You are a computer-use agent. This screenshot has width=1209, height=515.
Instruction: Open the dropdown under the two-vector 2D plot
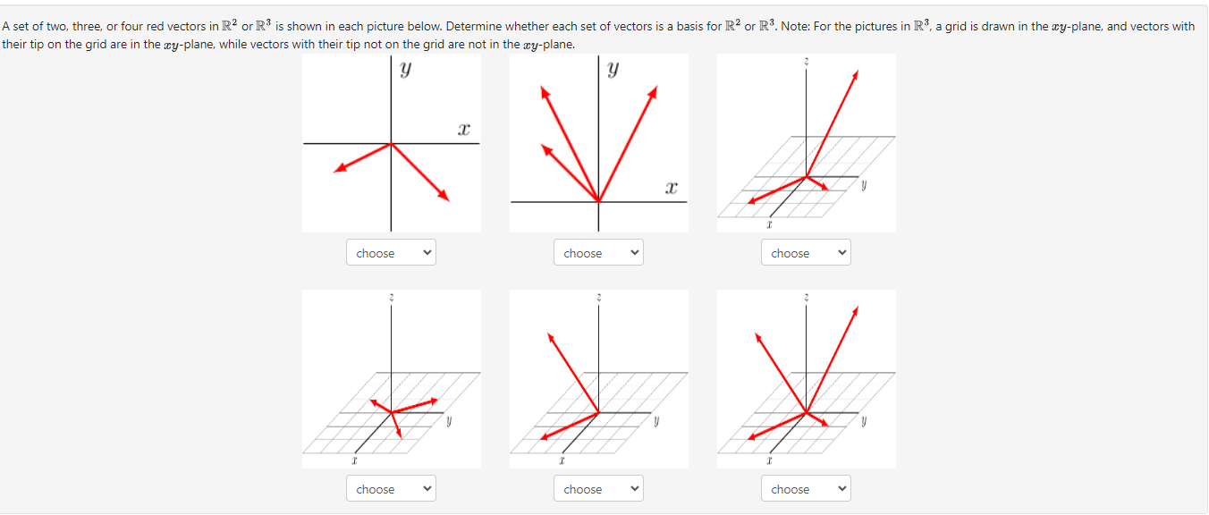click(390, 253)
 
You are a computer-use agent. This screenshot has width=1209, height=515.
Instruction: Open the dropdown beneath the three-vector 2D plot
click(597, 253)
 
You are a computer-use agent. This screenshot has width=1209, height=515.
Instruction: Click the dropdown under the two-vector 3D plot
click(597, 489)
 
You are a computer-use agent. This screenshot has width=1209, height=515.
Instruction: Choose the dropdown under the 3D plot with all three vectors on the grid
click(390, 489)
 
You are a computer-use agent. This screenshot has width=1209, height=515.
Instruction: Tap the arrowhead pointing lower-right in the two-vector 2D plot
click(444, 198)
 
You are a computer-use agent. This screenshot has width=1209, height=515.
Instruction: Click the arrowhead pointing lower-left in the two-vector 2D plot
click(336, 170)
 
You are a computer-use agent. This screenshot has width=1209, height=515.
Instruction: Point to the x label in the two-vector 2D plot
click(462, 131)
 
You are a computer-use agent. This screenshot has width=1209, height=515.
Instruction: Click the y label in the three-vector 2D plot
click(613, 68)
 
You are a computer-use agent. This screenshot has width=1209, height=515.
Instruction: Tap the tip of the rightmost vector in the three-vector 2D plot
click(656, 88)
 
